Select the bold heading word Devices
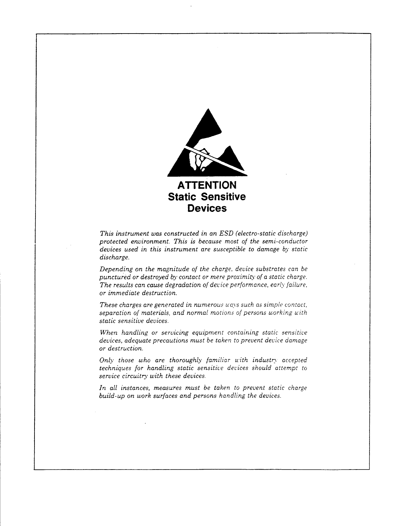click(207, 209)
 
